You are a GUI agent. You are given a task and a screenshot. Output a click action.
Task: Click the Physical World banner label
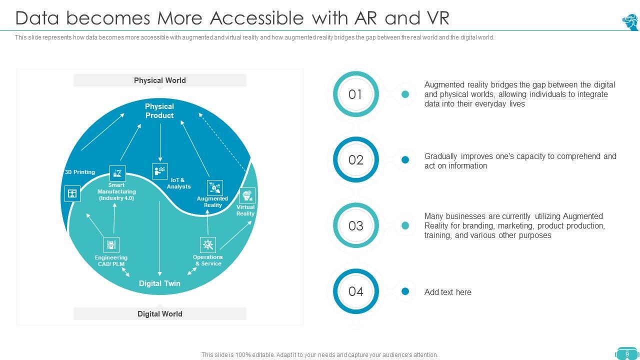click(x=159, y=80)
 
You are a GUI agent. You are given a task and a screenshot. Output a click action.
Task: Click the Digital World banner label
click(x=159, y=314)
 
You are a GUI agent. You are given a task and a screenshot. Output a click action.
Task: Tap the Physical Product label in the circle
click(x=159, y=111)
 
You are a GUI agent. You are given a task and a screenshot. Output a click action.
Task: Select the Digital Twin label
click(x=159, y=283)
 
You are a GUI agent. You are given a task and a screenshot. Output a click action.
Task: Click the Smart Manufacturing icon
click(x=117, y=173)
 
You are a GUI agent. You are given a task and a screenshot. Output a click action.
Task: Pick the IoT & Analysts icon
click(x=160, y=171)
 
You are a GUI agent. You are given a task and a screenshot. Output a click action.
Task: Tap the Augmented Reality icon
click(x=215, y=188)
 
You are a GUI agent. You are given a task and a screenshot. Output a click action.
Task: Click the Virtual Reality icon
click(x=247, y=195)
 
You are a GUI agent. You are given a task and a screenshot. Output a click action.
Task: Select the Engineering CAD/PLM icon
click(x=111, y=245)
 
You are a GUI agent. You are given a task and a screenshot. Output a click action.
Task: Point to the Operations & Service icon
click(x=208, y=244)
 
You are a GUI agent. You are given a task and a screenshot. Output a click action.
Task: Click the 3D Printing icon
click(x=72, y=193)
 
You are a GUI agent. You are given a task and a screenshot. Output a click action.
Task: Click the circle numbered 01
click(x=355, y=94)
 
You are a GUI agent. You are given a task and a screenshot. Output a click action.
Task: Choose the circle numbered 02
click(x=355, y=160)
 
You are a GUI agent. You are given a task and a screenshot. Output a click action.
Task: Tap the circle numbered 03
click(x=355, y=226)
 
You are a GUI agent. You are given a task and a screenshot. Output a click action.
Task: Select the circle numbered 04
click(x=355, y=291)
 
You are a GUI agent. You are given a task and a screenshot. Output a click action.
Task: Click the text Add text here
click(x=447, y=292)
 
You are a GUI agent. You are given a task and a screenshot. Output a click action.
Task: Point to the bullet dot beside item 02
click(x=405, y=160)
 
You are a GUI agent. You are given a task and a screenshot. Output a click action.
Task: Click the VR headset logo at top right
click(x=630, y=22)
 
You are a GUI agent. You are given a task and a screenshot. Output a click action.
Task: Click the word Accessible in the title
click(x=256, y=18)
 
